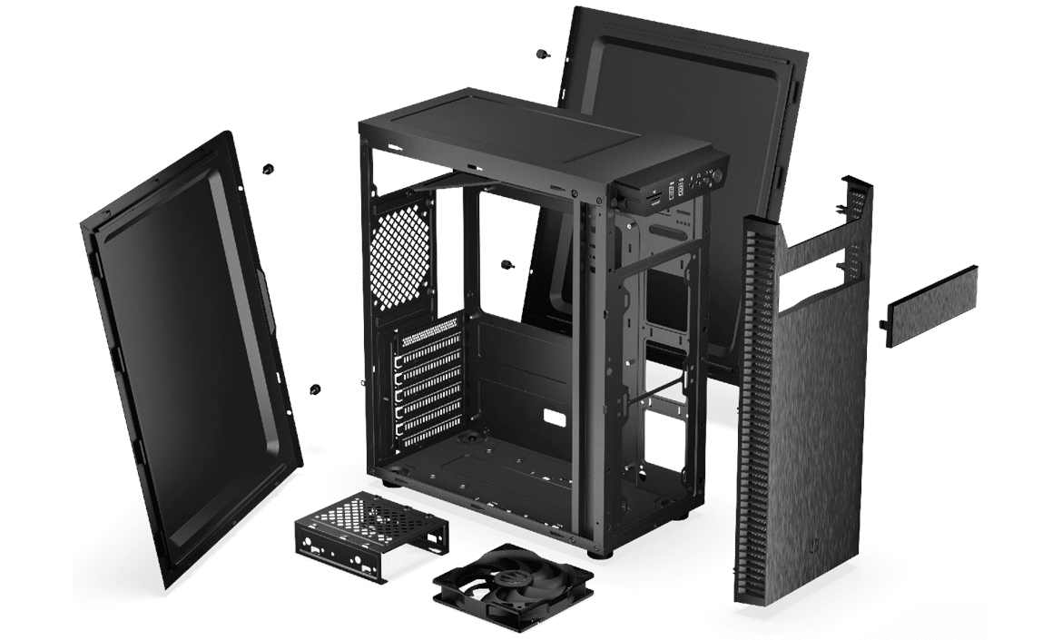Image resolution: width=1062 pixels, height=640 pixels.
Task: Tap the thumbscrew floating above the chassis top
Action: pos(542,54)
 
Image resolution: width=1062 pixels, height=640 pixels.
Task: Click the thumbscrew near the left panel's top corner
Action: pos(267,169)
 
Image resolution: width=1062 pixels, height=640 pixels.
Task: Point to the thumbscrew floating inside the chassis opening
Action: pos(506,265)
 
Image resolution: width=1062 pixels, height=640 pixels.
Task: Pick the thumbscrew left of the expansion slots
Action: pos(315,389)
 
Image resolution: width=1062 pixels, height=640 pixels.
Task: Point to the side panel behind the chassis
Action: pos(690,100)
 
